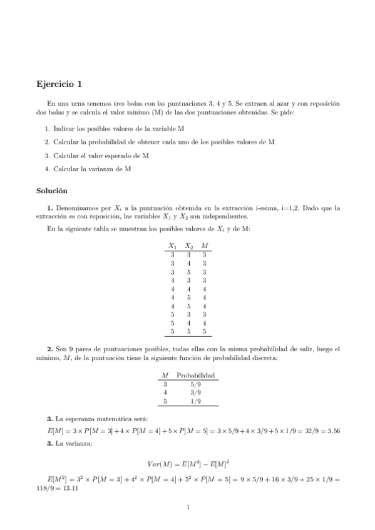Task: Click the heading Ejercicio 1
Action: [59, 83]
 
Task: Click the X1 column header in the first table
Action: [173, 246]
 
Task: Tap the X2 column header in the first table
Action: [188, 246]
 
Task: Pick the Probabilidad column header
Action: [196, 376]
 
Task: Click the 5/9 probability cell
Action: [196, 384]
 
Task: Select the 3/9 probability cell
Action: [196, 392]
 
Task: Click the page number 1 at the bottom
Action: [188, 507]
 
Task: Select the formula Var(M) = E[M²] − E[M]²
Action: [187, 464]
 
